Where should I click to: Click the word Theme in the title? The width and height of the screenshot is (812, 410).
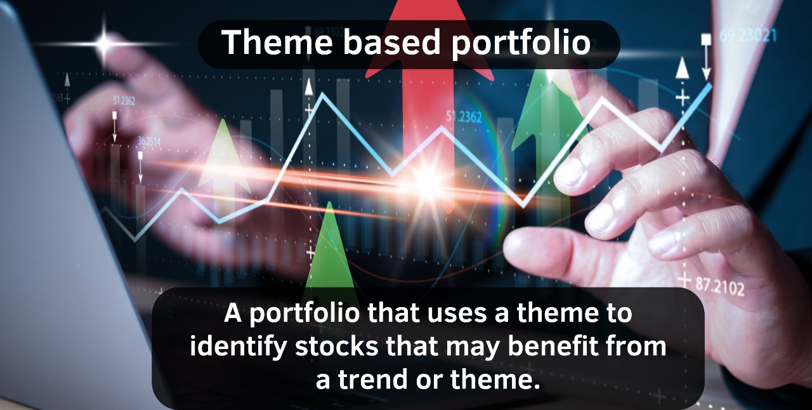point(277,42)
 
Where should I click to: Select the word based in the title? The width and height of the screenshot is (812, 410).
point(391,42)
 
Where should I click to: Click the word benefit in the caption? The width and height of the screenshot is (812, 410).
point(553,346)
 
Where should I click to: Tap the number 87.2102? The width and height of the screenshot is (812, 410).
point(720,288)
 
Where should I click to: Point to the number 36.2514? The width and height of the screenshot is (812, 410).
point(149,142)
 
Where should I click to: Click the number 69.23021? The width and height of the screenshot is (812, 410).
point(748,35)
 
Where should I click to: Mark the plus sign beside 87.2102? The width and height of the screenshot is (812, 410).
point(684,279)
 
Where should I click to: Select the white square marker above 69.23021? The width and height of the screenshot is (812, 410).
point(706,39)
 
